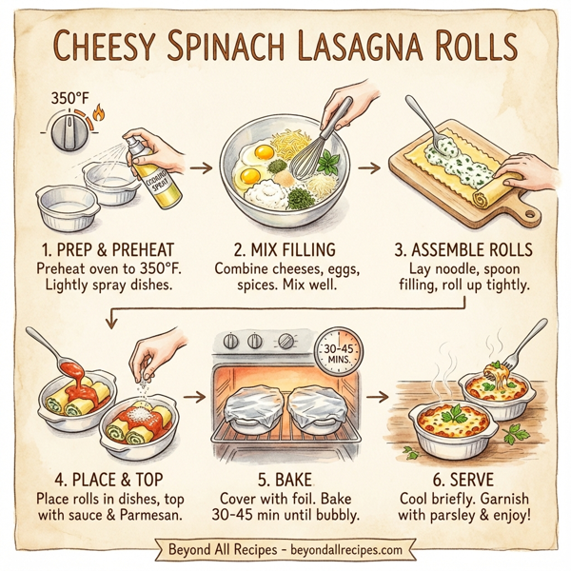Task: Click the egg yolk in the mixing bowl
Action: pos(252,175)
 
